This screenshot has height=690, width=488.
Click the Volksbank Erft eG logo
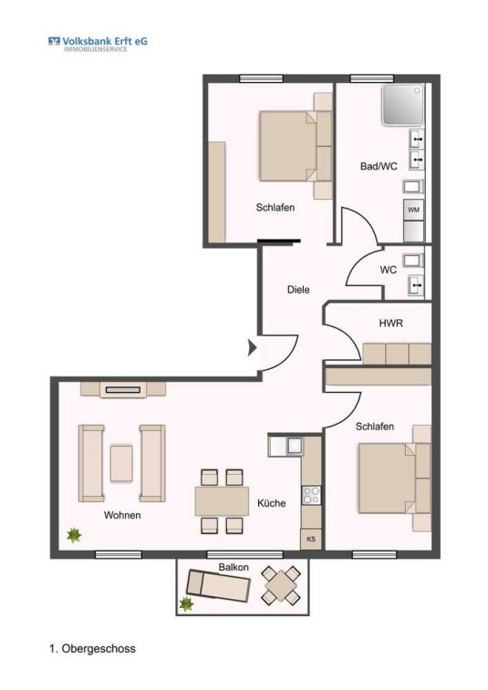(x=98, y=44)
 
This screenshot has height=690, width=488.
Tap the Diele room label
(x=298, y=290)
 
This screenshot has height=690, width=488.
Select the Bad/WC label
(x=379, y=166)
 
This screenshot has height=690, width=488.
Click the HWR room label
(x=390, y=323)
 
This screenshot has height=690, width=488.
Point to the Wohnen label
(x=122, y=515)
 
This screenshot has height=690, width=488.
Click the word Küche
(x=271, y=503)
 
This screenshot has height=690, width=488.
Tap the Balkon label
(x=234, y=567)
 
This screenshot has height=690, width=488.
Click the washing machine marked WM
(x=413, y=210)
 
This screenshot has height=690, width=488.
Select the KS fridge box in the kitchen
(x=311, y=539)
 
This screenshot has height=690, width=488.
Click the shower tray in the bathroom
(x=403, y=105)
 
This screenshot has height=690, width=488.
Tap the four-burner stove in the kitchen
(x=311, y=495)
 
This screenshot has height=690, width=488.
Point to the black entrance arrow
(x=253, y=347)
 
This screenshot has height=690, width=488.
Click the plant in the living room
(x=74, y=535)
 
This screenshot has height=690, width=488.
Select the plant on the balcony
(x=186, y=604)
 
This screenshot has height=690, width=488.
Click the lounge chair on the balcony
(x=218, y=586)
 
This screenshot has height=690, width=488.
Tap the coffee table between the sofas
(x=121, y=463)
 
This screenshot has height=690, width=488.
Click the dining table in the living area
(x=222, y=501)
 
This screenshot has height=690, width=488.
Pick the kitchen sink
(x=295, y=446)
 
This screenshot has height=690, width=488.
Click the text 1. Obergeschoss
(x=92, y=649)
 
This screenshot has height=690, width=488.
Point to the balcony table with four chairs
(x=281, y=585)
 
